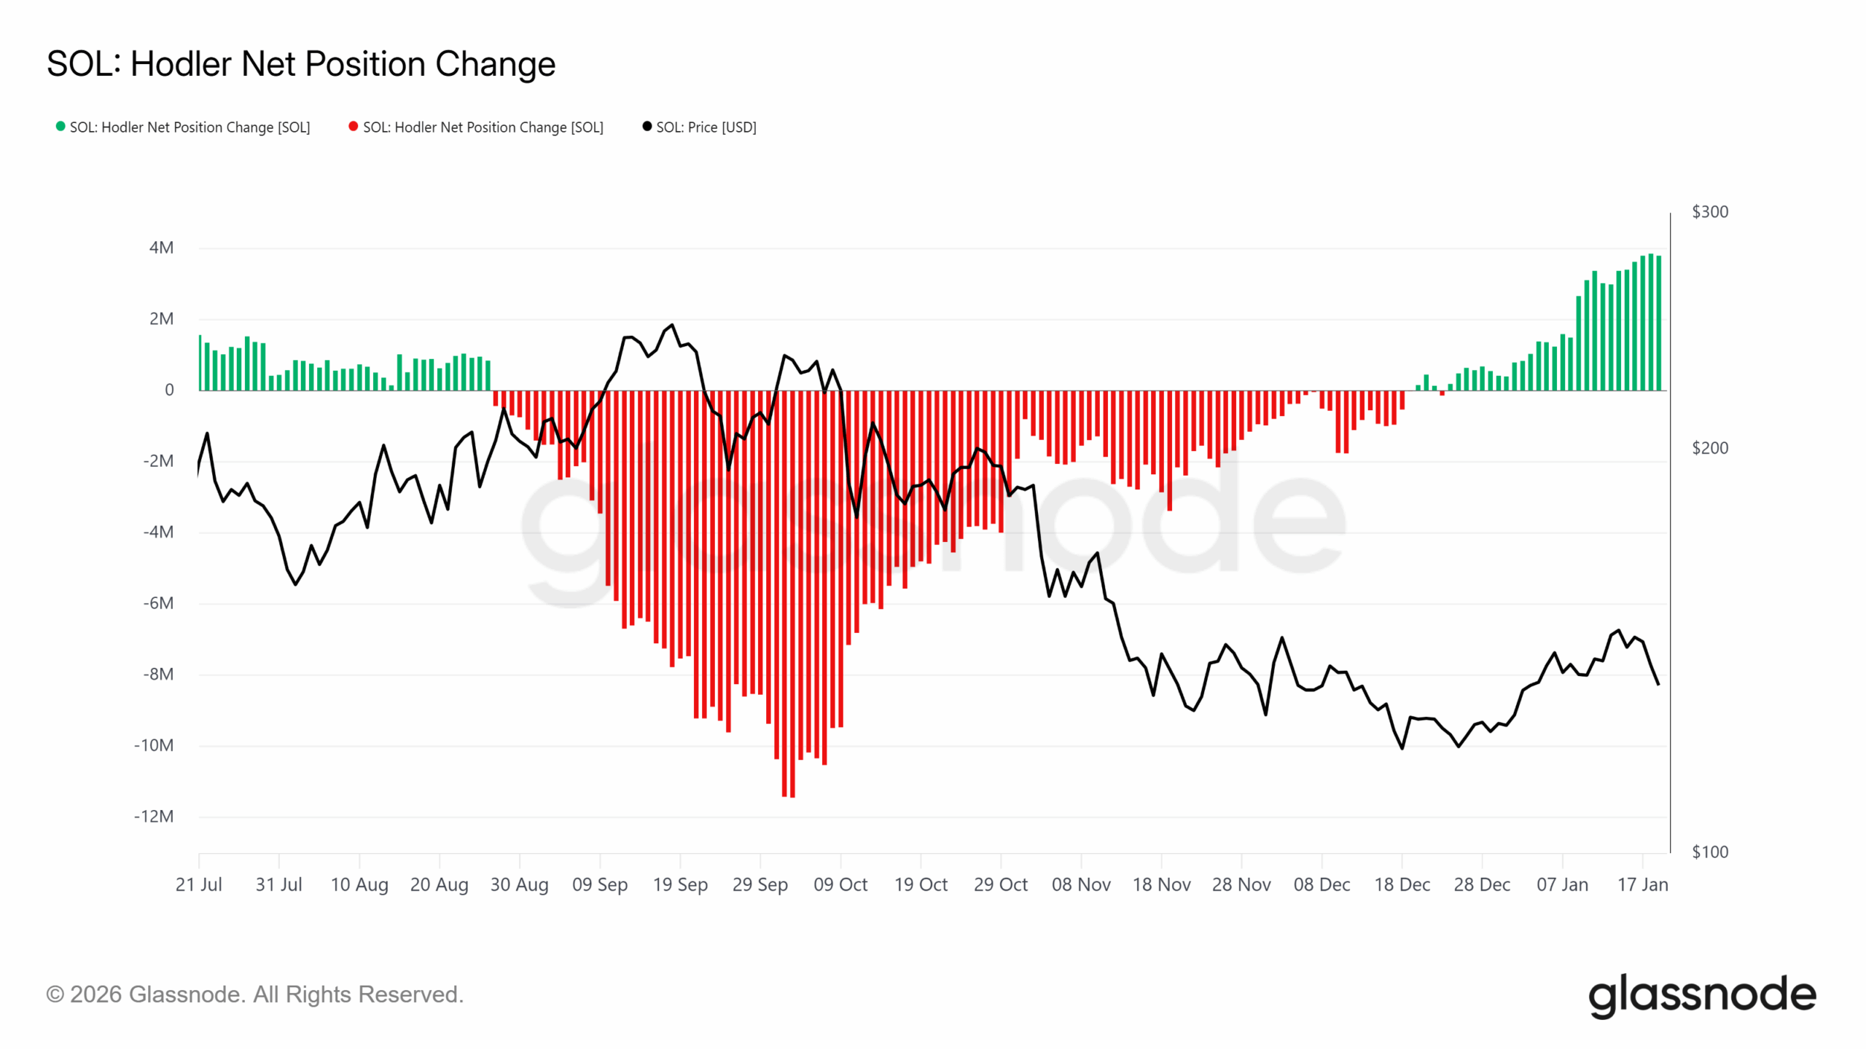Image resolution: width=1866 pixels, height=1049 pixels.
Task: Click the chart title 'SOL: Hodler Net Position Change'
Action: coord(300,64)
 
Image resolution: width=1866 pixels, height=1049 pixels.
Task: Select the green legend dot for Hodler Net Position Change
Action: coord(60,126)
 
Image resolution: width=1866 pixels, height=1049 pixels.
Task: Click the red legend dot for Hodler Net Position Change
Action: coord(354,126)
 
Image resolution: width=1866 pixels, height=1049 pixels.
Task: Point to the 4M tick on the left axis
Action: coord(161,248)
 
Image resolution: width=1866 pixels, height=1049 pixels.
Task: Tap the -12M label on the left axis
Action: coord(154,816)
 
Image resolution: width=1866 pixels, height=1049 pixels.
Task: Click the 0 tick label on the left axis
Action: coord(169,390)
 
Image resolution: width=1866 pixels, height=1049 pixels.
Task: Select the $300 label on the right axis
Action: coord(1709,212)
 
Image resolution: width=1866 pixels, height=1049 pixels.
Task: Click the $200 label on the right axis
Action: coord(1709,448)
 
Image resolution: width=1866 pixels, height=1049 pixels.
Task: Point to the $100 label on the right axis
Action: coord(1709,852)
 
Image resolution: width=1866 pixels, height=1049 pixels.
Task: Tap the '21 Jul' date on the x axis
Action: coord(198,884)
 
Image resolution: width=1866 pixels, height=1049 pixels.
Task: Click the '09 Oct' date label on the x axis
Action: coord(840,884)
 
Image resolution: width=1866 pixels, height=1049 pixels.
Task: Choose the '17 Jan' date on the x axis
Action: coord(1642,884)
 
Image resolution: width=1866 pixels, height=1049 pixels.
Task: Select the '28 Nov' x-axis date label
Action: coord(1241,884)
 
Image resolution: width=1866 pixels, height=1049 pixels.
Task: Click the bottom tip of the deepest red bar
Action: coord(792,796)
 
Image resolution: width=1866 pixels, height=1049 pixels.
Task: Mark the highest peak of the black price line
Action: coord(672,325)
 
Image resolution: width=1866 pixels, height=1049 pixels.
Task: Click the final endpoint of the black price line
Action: coord(1658,684)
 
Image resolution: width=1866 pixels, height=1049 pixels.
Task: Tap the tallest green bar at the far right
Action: coord(1651,256)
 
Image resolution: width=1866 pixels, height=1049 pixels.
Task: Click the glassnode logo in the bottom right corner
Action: coord(1702,995)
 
